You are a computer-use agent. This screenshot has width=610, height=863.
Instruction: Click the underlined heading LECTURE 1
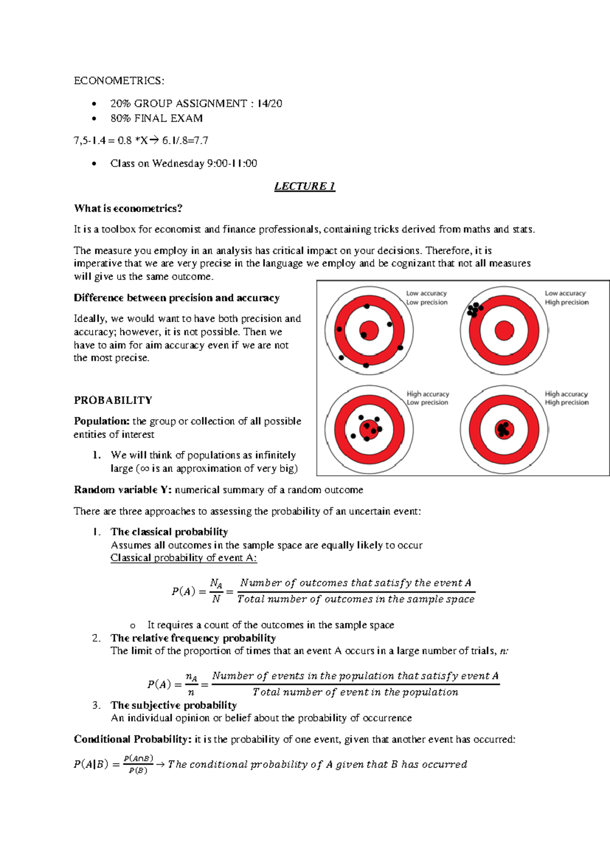click(x=304, y=186)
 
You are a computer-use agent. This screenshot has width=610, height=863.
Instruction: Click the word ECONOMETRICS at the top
click(x=118, y=81)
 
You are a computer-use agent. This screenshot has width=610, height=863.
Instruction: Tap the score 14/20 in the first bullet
click(x=269, y=104)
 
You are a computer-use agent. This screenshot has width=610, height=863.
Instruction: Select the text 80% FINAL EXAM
click(x=157, y=119)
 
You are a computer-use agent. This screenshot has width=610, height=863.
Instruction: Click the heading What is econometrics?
click(x=128, y=209)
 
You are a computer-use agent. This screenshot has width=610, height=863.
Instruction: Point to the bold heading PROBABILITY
click(x=113, y=400)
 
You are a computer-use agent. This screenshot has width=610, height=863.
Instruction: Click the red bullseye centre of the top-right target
click(x=504, y=331)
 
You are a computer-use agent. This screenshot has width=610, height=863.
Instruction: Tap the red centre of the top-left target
click(x=369, y=331)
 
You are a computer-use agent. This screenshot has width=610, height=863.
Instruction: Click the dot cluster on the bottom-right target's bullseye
click(x=504, y=429)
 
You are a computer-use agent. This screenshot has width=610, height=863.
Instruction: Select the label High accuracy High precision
click(x=566, y=398)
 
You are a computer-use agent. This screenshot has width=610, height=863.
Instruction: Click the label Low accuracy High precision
click(x=566, y=298)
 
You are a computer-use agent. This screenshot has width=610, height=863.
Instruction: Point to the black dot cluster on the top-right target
click(x=474, y=309)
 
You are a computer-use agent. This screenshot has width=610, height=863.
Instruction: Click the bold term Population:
click(x=102, y=421)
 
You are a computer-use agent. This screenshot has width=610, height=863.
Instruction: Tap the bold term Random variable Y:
click(x=123, y=490)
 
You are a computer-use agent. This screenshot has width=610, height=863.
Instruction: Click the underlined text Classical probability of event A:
click(x=184, y=558)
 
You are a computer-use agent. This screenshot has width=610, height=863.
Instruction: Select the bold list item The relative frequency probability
click(x=193, y=638)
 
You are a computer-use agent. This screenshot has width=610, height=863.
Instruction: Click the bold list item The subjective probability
click(x=174, y=705)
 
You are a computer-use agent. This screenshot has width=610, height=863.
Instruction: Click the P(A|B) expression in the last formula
click(x=91, y=764)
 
